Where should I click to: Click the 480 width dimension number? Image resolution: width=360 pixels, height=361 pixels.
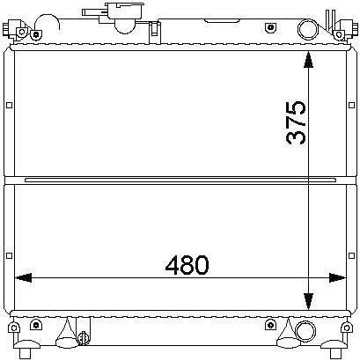[187, 265]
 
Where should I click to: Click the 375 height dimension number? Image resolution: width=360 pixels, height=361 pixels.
[296, 122]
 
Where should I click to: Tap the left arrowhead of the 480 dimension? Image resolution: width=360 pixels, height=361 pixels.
[23, 277]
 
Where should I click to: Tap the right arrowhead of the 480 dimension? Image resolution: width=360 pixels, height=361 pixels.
[338, 277]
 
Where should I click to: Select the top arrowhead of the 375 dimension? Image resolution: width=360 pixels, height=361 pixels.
[308, 60]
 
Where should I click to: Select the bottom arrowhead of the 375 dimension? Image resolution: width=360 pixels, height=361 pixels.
[308, 302]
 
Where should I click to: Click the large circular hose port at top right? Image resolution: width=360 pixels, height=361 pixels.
[308, 29]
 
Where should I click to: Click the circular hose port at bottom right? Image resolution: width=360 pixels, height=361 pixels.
[305, 331]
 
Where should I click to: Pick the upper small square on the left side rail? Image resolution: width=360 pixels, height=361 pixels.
[10, 105]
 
